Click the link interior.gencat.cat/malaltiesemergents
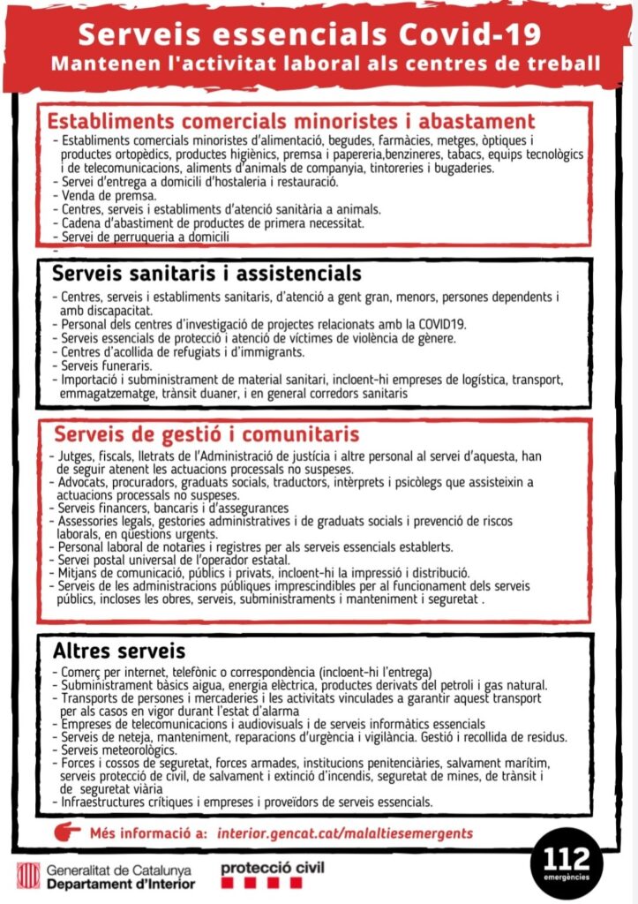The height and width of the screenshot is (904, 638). [x=344, y=833]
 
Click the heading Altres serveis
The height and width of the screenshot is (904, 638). [x=106, y=652]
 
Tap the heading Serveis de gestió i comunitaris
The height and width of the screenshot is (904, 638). [x=206, y=434]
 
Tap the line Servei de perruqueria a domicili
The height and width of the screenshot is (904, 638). [x=146, y=237]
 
